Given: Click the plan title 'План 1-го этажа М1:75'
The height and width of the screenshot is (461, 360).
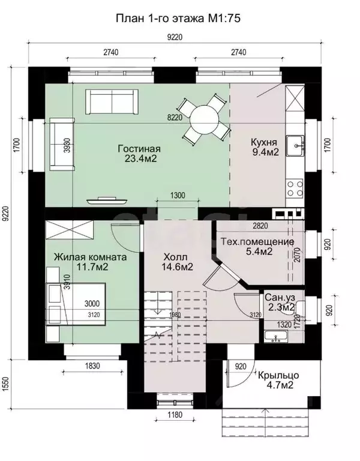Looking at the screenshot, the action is point(178,19).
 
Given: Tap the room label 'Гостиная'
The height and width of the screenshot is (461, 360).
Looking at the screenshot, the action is point(139,148).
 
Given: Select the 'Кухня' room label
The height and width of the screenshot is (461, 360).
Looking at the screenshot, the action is point(263,142).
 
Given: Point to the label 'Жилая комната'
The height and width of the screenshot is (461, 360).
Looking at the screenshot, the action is point(90,257).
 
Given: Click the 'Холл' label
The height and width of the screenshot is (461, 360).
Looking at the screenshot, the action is point(175,257).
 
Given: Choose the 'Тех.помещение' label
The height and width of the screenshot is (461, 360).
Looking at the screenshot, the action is point(257,242).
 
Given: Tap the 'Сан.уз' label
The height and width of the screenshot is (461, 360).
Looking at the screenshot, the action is point(279,297).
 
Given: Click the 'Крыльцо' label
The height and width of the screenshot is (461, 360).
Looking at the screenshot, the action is point(278,375).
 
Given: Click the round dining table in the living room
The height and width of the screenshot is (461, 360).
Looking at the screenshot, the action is point(204,120).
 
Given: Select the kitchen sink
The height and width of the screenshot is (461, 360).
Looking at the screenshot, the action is point(295,145).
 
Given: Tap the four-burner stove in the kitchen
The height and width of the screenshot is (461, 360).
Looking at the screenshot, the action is point(295,188).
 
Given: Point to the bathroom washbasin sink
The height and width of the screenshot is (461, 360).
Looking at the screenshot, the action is point(275,337).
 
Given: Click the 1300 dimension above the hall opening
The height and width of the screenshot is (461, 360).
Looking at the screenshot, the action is point(178,195).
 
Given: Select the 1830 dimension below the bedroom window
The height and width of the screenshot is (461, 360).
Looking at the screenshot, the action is point(92,366).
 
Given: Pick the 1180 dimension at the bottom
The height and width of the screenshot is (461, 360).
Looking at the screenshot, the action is point(175,415).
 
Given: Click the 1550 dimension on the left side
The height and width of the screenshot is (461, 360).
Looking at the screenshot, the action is point(5,384).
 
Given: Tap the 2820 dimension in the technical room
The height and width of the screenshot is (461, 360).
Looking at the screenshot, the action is point(260,226).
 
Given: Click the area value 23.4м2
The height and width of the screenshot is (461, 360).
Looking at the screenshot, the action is point(140,158).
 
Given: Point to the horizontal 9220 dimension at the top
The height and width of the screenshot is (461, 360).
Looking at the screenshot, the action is point(175,37).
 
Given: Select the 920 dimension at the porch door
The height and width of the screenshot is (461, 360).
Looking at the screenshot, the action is point(241,366).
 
